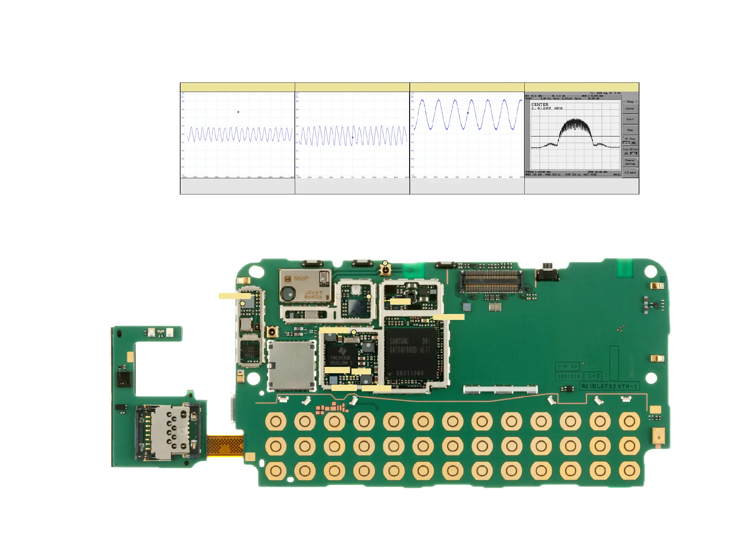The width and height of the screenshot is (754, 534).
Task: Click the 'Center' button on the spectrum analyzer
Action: point(630,108)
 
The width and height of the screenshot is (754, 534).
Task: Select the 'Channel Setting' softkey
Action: point(630,162)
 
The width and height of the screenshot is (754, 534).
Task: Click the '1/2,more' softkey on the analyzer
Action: point(630,172)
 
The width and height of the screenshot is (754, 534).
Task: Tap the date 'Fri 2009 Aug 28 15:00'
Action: point(605,93)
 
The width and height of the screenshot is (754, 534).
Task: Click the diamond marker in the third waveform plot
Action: point(468,113)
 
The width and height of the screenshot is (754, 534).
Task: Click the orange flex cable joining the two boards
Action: point(225,446)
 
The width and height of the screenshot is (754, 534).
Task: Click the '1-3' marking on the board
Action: point(593,376)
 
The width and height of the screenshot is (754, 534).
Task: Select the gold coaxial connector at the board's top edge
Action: point(385,270)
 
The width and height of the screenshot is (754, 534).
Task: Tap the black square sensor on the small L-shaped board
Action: point(124,378)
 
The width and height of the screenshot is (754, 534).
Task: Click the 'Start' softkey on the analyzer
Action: point(630,119)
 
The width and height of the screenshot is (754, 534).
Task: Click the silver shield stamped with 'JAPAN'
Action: point(305,286)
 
